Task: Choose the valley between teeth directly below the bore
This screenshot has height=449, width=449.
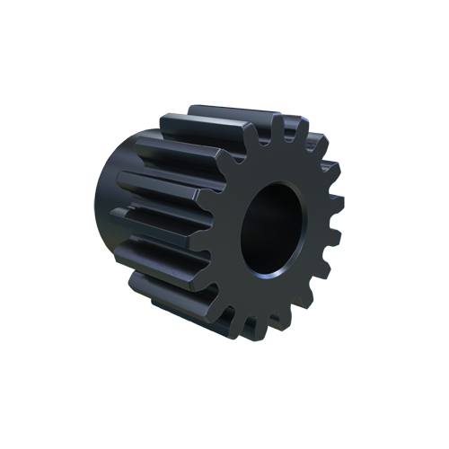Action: coord(266,314)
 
